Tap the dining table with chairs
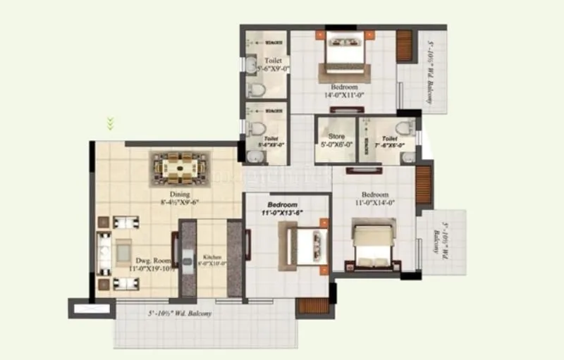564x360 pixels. tap(180, 168)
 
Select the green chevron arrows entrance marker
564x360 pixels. tap(110, 124)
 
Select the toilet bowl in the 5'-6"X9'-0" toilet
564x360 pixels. tap(258, 89)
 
